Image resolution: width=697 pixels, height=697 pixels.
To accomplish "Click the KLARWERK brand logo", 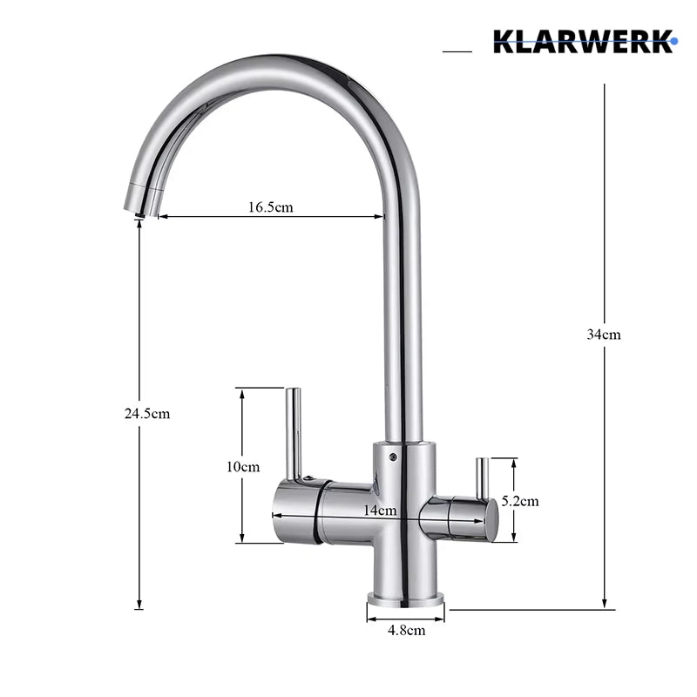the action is pyautogui.click(x=585, y=41).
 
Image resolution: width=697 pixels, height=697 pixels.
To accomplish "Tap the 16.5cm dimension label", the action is pyautogui.click(x=271, y=207).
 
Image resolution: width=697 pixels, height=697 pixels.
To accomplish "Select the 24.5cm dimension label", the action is pyautogui.click(x=147, y=414).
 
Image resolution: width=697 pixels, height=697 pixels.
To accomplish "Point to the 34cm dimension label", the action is pyautogui.click(x=604, y=335).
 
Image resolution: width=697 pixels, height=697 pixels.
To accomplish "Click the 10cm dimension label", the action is pyautogui.click(x=243, y=467).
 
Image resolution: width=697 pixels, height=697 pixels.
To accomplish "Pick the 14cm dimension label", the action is pyautogui.click(x=380, y=511).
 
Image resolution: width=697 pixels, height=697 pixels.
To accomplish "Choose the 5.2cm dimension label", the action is pyautogui.click(x=520, y=502).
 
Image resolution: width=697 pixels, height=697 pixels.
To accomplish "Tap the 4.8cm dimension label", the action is pyautogui.click(x=407, y=630).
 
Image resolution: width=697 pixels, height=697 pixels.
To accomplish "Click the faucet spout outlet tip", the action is pyautogui.click(x=139, y=215).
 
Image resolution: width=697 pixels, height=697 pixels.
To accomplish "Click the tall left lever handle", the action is pyautogui.click(x=294, y=434).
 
